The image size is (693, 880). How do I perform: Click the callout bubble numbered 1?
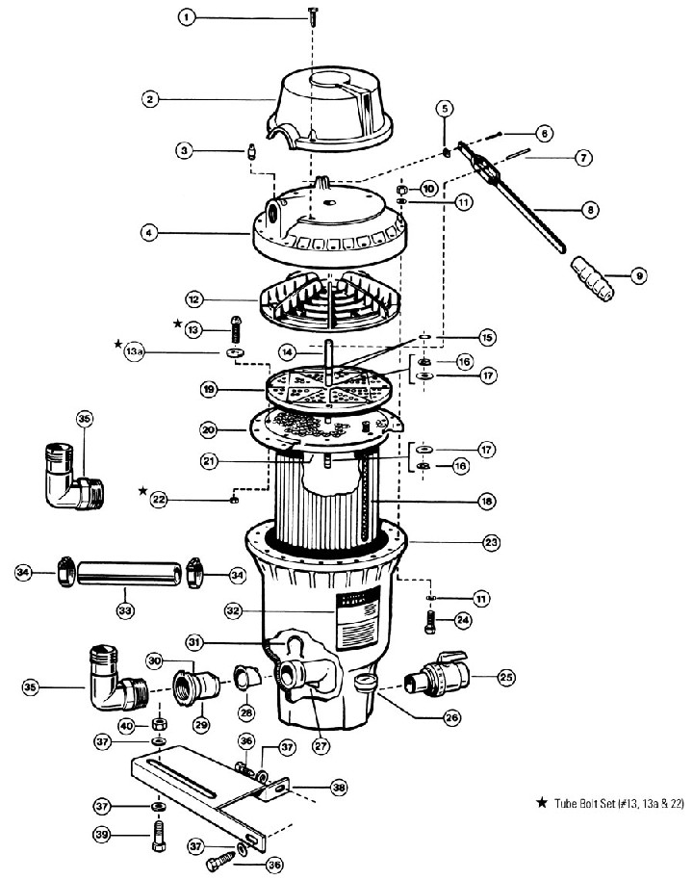pos(188,17)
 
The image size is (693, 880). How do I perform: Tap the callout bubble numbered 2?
pos(149,97)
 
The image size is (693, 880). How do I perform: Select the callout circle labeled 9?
pos(638,275)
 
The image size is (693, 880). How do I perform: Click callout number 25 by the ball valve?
pos(506,677)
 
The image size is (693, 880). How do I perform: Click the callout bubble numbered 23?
pos(491,543)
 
